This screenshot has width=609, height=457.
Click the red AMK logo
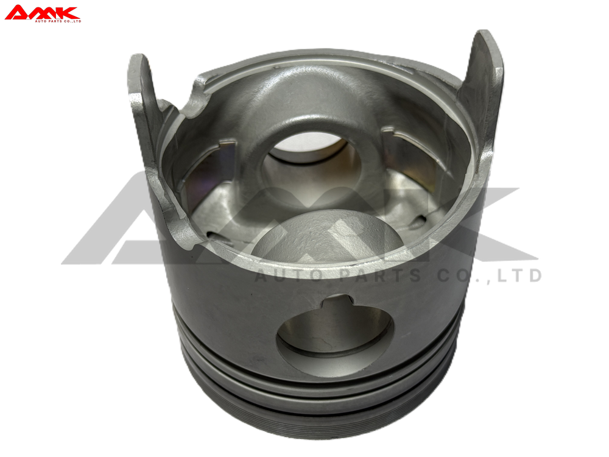[43, 13]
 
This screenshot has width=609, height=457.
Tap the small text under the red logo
[58, 21]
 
